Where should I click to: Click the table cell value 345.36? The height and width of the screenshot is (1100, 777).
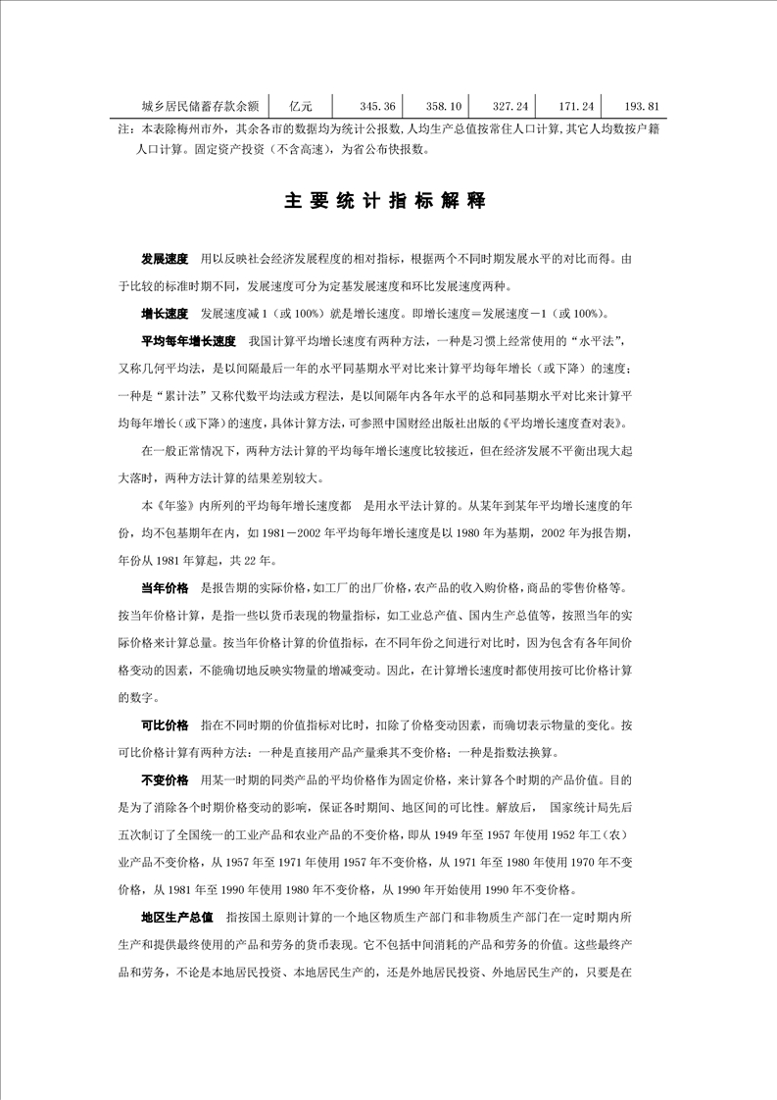coord(377,106)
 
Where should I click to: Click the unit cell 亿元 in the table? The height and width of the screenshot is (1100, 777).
coord(301,106)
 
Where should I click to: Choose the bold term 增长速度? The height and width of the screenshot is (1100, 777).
coord(165,315)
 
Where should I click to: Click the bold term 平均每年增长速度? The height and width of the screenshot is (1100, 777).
coord(189,342)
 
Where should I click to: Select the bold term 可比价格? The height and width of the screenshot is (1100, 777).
coord(165,725)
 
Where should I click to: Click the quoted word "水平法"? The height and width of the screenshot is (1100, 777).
coord(598,342)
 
